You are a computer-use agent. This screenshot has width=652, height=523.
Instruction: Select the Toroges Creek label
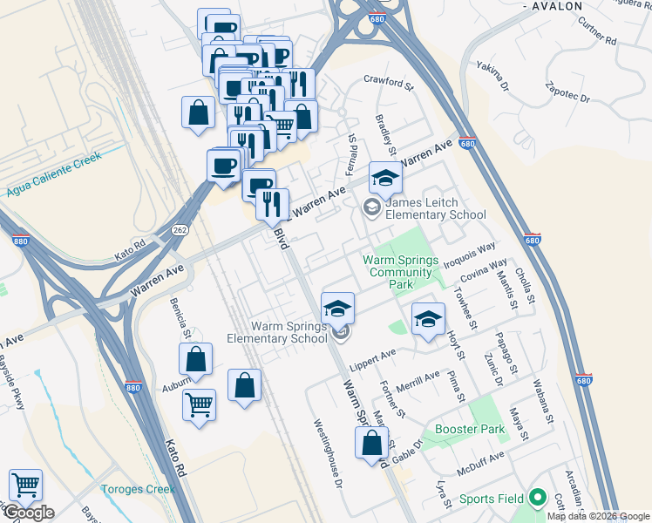(138, 489)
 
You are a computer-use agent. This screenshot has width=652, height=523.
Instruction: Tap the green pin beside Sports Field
(538, 499)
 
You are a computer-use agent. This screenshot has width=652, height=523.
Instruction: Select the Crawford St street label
(388, 83)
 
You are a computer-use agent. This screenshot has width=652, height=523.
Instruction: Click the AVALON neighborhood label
(554, 6)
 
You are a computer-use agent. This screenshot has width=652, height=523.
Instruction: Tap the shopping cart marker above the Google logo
(25, 486)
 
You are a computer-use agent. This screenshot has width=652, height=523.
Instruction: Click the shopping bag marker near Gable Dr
(372, 442)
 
